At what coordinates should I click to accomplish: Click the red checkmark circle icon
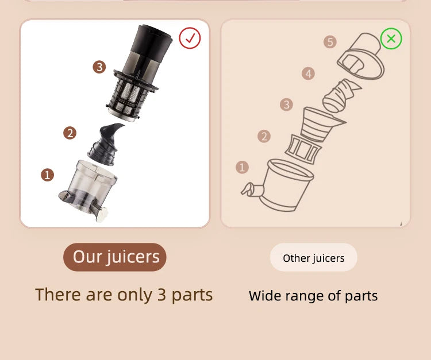[190, 38]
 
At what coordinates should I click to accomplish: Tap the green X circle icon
[391, 38]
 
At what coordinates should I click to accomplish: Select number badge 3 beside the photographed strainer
[99, 67]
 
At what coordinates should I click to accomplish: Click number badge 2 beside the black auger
[70, 133]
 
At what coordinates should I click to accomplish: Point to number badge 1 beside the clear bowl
[47, 175]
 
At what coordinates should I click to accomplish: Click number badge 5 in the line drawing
[330, 42]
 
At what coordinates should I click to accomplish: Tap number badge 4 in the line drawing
[308, 73]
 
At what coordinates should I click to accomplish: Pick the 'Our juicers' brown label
[115, 257]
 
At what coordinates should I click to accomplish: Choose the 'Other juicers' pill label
[313, 257]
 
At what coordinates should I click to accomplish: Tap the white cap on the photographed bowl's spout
[102, 214]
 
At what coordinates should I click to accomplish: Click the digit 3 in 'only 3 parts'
[161, 295]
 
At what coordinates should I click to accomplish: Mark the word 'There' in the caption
[58, 295]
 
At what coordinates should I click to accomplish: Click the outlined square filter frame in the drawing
[303, 149]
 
